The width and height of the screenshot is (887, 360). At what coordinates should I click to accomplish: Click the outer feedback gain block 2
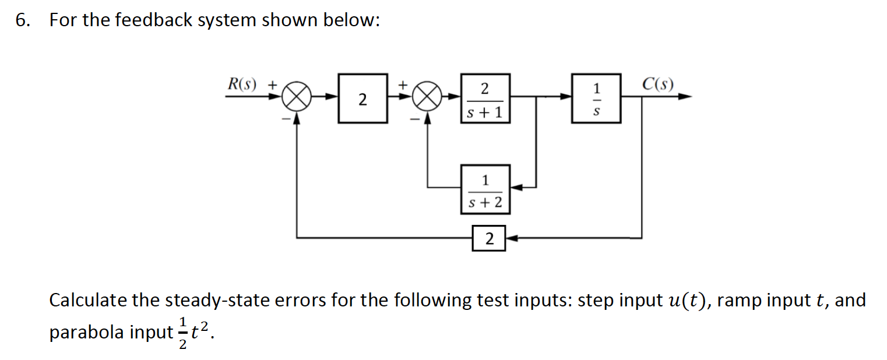click(488, 238)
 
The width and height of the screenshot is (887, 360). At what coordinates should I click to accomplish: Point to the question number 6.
click(22, 20)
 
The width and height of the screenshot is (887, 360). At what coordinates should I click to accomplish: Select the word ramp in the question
click(742, 301)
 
